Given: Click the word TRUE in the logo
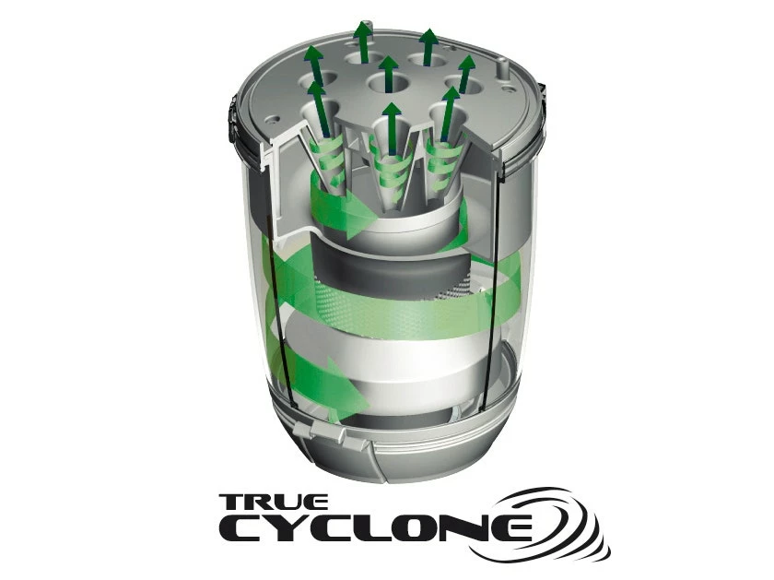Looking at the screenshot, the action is click(x=274, y=502).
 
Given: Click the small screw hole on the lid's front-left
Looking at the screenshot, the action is click(x=273, y=119).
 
